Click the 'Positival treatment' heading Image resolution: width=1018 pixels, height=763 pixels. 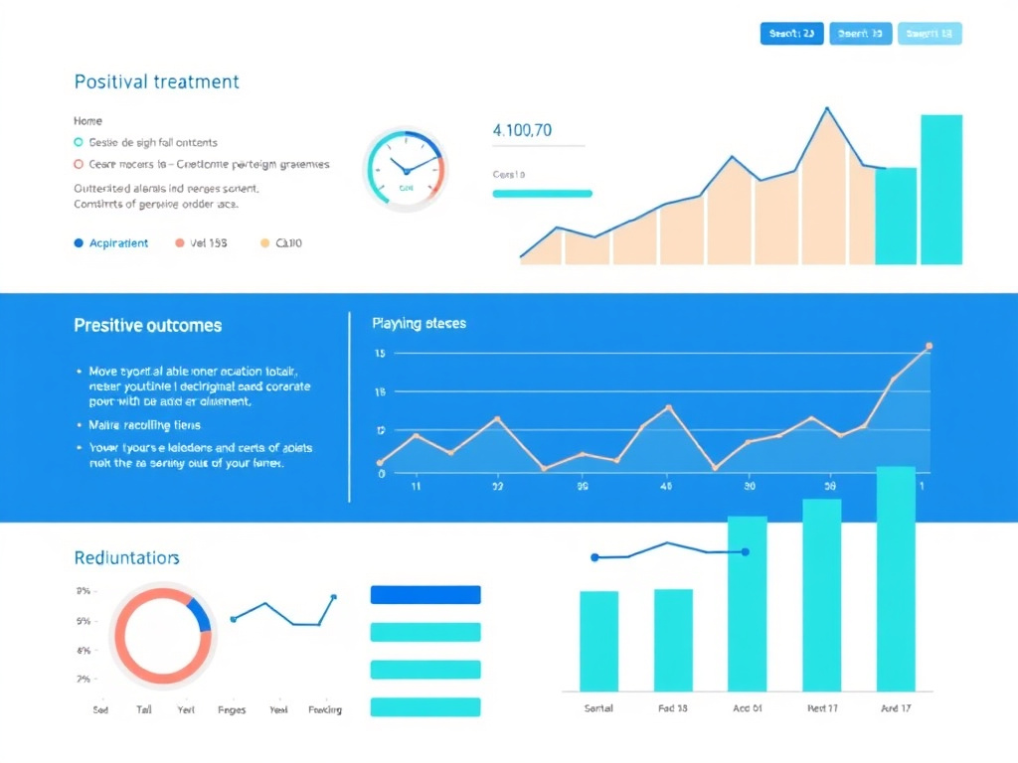156,81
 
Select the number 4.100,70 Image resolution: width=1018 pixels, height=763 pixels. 522,129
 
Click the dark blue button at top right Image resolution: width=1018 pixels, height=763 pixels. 792,34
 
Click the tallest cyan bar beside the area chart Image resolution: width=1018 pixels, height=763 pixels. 940,190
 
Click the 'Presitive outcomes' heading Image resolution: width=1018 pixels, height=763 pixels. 147,325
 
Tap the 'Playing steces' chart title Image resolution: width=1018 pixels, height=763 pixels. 419,323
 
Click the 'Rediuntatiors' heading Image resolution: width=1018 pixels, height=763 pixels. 126,558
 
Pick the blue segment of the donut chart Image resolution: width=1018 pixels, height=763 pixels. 200,615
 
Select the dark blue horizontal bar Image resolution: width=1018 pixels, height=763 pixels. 424,594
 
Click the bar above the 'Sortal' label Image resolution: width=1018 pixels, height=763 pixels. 598,641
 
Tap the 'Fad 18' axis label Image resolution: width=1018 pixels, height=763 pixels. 673,708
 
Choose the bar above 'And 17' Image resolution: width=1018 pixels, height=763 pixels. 896,578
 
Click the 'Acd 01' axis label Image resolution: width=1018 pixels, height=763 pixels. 747,708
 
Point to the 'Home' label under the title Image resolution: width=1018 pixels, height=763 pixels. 87,120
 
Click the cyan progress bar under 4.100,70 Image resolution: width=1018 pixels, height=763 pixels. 542,194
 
